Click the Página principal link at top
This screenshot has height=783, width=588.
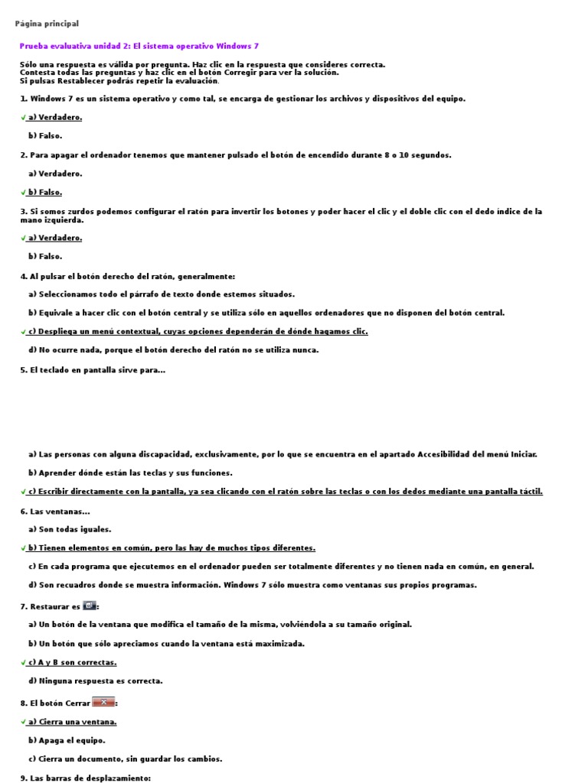tap(47, 24)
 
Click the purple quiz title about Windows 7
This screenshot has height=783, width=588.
tap(139, 46)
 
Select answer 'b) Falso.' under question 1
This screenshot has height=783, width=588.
tap(45, 136)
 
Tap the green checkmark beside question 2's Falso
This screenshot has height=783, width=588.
tap(24, 193)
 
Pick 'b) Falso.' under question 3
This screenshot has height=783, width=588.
tap(45, 257)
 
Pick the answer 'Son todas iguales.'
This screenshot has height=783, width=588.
tap(70, 529)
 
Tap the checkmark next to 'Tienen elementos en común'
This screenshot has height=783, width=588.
tap(24, 548)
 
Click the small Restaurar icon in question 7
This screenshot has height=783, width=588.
tap(90, 605)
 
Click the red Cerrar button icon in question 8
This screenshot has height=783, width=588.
tap(103, 701)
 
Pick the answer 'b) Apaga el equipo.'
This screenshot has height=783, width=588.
tap(67, 740)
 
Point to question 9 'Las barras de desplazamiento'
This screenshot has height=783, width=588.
tap(85, 778)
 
